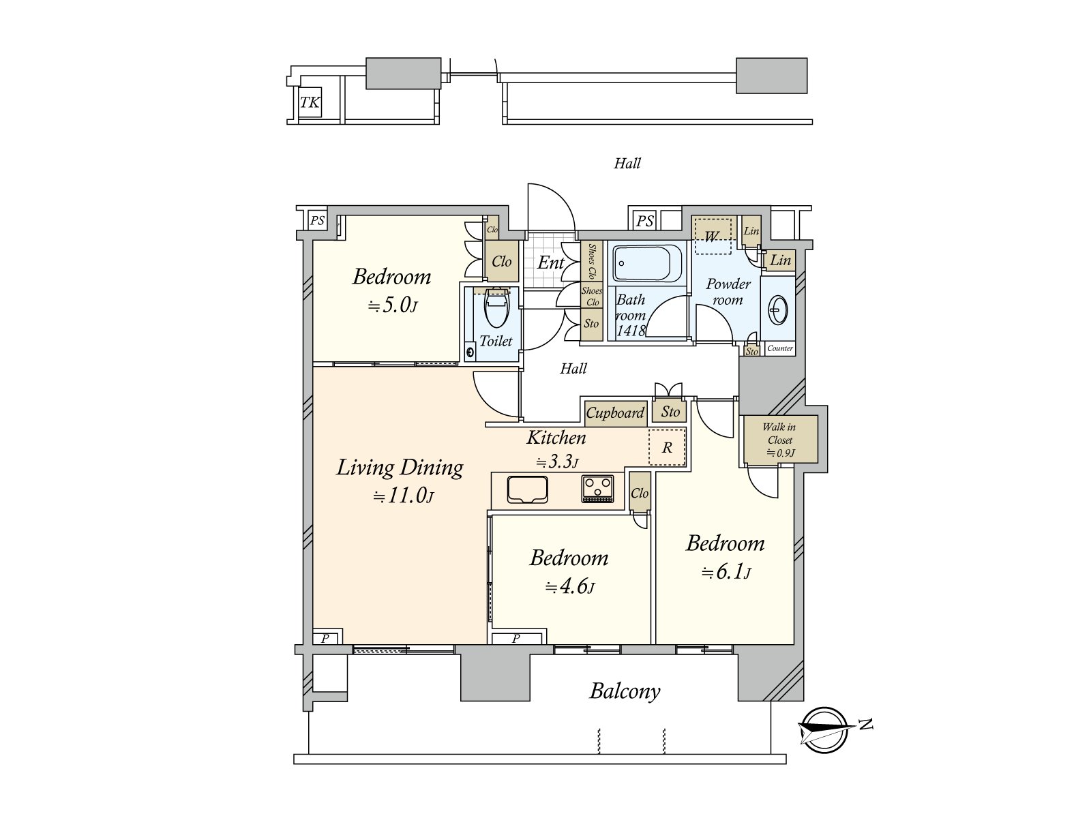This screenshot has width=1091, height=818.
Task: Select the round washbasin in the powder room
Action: point(777,310)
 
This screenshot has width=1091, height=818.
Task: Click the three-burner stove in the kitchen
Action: point(597,489)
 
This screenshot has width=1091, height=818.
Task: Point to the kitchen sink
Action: point(527,490)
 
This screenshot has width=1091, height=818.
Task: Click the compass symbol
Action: point(824,729)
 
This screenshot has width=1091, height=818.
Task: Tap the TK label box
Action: point(310,103)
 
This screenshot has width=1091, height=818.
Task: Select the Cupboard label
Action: point(615,412)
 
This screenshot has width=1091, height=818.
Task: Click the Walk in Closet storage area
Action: point(780,440)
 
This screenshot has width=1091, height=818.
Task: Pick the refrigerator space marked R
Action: point(667,447)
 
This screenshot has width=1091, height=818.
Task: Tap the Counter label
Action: point(780,348)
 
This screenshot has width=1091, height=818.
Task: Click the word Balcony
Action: point(625,691)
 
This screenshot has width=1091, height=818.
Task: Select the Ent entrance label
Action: point(551,262)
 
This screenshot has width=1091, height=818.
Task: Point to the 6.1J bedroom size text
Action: point(726,573)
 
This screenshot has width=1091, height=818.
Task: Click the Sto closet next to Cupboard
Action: point(670,412)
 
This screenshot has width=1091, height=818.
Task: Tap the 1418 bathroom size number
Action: point(631,331)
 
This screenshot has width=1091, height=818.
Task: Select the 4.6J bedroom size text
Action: point(569,587)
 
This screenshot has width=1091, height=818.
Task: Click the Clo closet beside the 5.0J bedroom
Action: point(501,261)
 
